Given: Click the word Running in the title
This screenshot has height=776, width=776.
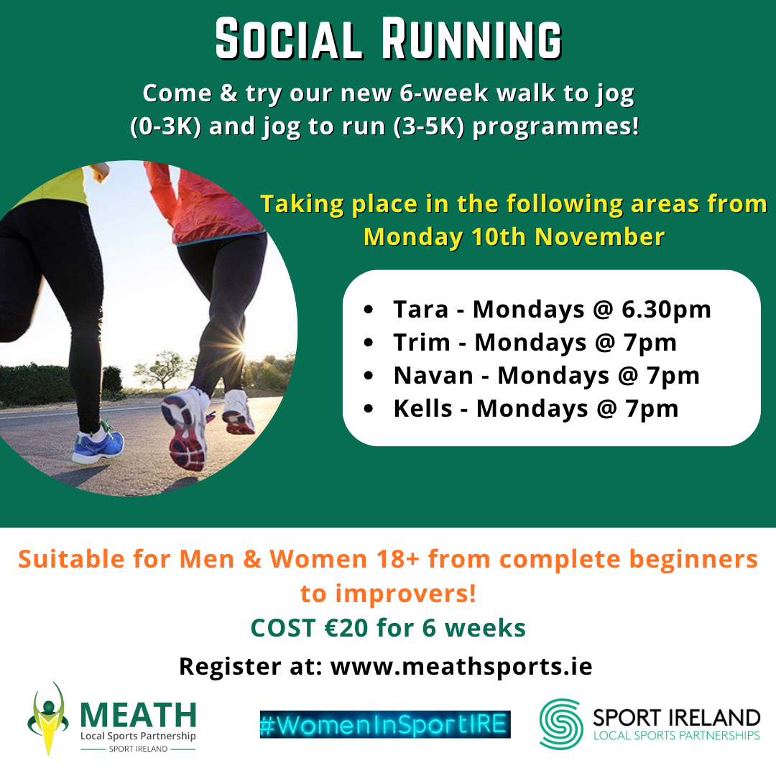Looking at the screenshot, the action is [471, 40].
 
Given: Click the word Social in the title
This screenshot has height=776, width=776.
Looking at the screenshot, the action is [289, 40].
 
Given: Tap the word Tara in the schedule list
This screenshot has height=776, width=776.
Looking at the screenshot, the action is [420, 309].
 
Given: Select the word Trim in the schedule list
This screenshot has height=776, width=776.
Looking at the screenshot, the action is [422, 343].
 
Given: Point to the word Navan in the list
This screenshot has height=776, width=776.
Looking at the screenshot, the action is [433, 376].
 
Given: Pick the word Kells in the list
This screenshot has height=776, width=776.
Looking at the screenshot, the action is [423, 409].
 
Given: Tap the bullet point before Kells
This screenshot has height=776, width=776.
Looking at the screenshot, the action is [368, 409].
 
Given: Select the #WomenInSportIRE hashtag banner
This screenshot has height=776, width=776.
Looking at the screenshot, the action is [385, 724].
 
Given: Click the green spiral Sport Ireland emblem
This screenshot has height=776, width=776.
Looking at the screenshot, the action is [561, 724].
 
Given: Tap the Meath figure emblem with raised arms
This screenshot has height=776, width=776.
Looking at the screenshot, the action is [48, 719].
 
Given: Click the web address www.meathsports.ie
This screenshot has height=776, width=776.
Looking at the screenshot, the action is [461, 666].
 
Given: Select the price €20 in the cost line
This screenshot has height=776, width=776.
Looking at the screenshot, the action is [346, 628].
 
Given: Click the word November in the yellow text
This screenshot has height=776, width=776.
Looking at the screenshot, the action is [600, 236].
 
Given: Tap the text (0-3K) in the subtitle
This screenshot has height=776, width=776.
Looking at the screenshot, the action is [165, 126].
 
